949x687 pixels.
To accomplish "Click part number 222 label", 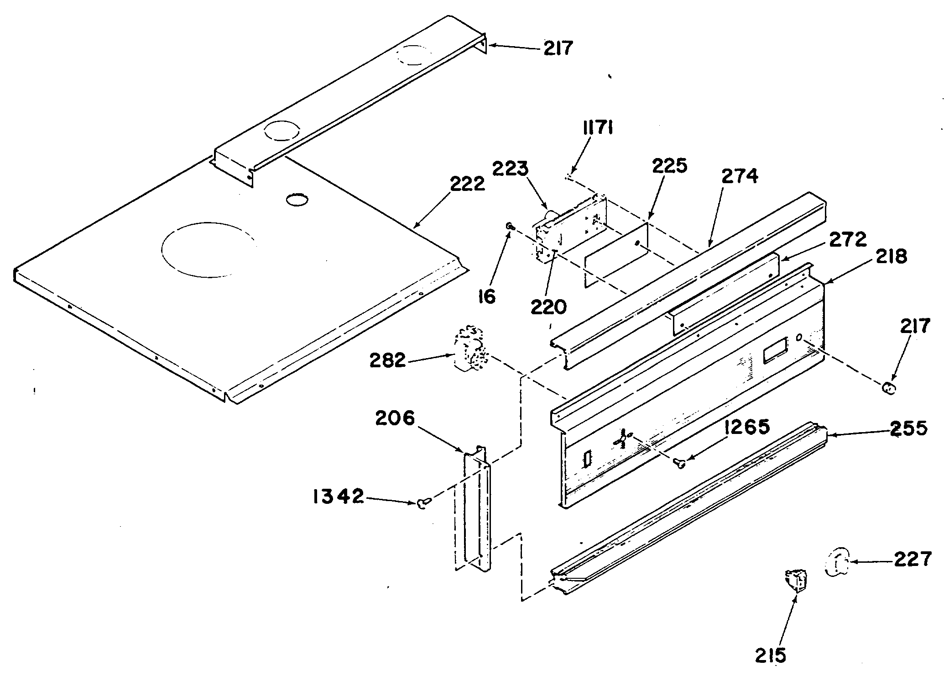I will pyautogui.click(x=467, y=185).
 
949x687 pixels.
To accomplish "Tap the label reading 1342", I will pyautogui.click(x=338, y=497).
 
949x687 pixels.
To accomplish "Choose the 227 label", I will pyautogui.click(x=912, y=559).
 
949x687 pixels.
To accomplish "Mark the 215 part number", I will pyautogui.click(x=771, y=655).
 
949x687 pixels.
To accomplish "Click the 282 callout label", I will pyautogui.click(x=388, y=361).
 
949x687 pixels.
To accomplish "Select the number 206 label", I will pyautogui.click(x=395, y=418).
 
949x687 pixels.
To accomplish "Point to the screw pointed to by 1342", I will pyautogui.click(x=422, y=503).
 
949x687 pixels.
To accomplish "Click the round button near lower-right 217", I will pyautogui.click(x=889, y=389).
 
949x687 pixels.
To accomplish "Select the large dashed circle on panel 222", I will pyautogui.click(x=208, y=250).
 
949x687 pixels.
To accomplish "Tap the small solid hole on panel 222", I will pyautogui.click(x=297, y=200).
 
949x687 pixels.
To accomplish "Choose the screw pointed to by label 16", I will pyautogui.click(x=510, y=226).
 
